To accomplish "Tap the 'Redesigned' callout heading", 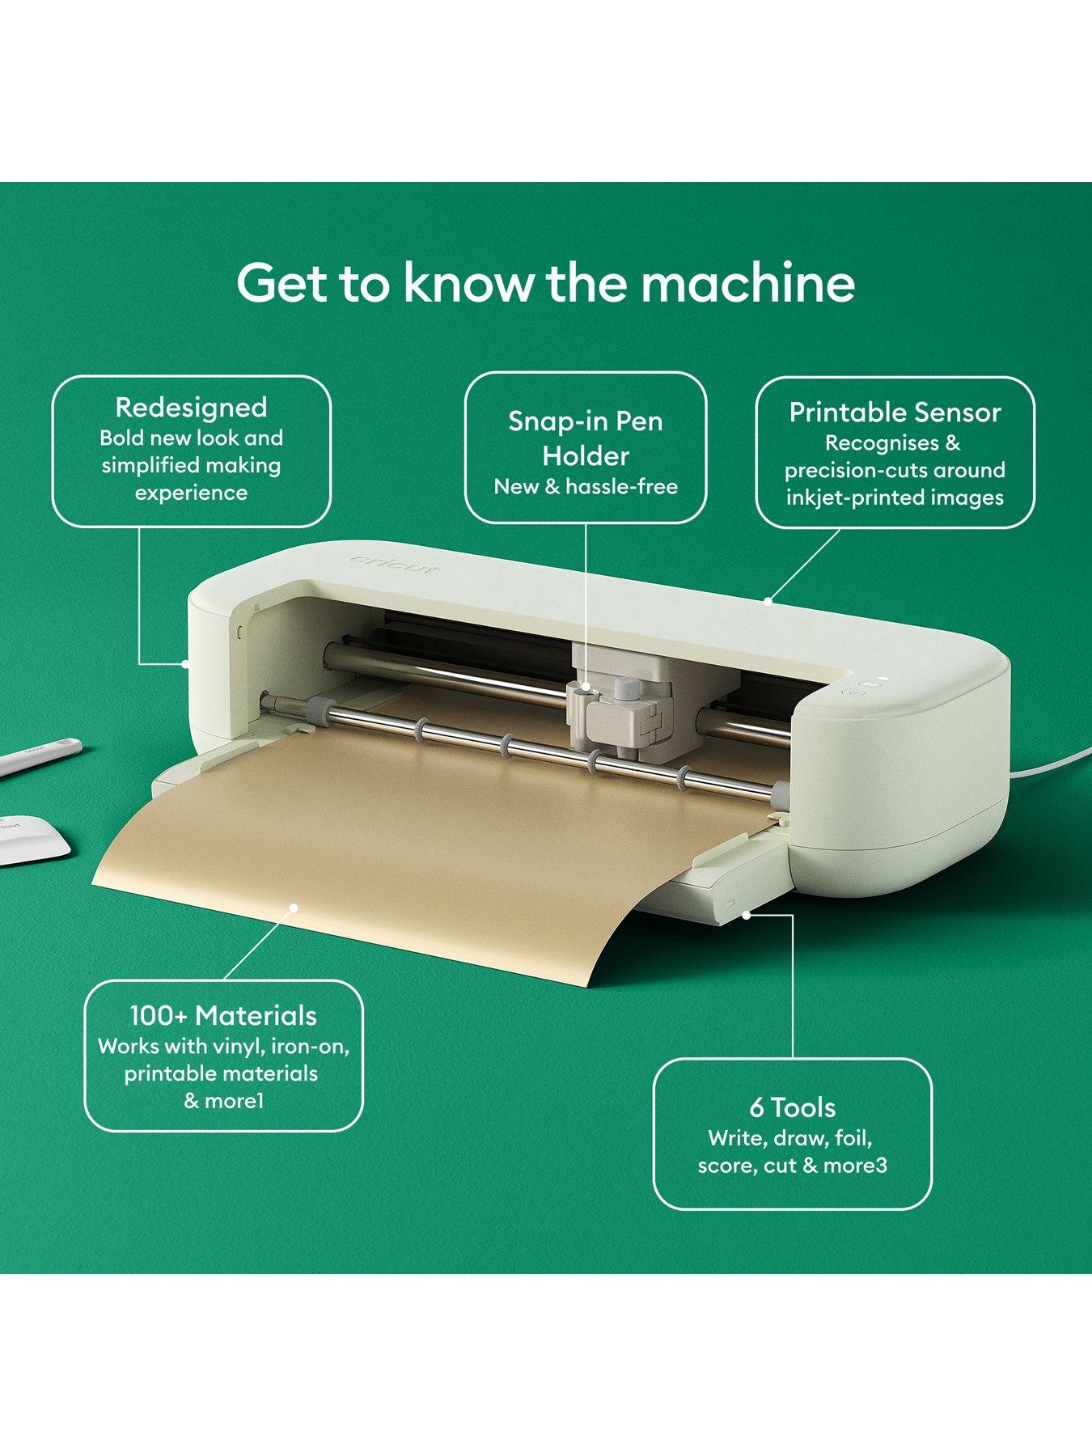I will point(191,407).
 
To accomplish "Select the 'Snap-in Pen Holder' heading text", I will point(586,438).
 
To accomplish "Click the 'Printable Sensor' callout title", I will point(895,413).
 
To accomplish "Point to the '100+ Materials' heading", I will point(223,1016).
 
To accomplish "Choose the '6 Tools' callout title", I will point(792,1107).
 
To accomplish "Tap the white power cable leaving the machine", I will point(1052,766).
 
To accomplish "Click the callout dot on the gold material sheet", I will point(294,908).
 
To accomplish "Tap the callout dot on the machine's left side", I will point(185,663).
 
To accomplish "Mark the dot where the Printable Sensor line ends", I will point(768,601).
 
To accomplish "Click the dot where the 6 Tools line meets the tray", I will point(746,914).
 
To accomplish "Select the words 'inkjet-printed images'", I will point(895,497).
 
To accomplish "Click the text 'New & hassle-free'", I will point(586,487).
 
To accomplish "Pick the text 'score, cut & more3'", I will point(792,1166).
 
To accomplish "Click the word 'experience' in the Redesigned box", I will point(191,493).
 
